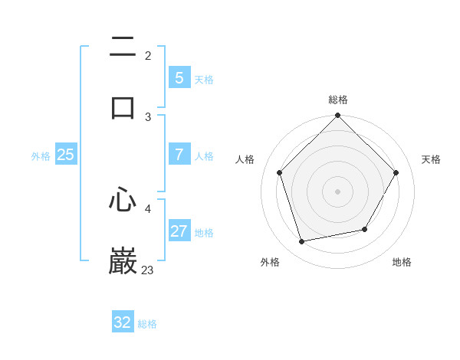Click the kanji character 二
point(123,47)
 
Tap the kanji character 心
point(123,201)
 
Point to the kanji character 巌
point(123,261)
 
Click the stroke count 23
point(147,270)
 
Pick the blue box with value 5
point(179,78)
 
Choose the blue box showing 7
point(179,155)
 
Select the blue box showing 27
point(179,231)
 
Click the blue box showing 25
point(65,155)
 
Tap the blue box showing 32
point(123,322)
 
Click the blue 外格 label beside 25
point(41,156)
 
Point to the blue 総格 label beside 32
point(147,324)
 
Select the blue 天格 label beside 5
point(204,80)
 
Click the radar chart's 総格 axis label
point(338,100)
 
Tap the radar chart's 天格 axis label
point(431,159)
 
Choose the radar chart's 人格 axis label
point(245,159)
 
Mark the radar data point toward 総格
point(338,116)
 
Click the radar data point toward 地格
point(365,229)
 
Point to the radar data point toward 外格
point(301,242)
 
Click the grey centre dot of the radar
point(338,191)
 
